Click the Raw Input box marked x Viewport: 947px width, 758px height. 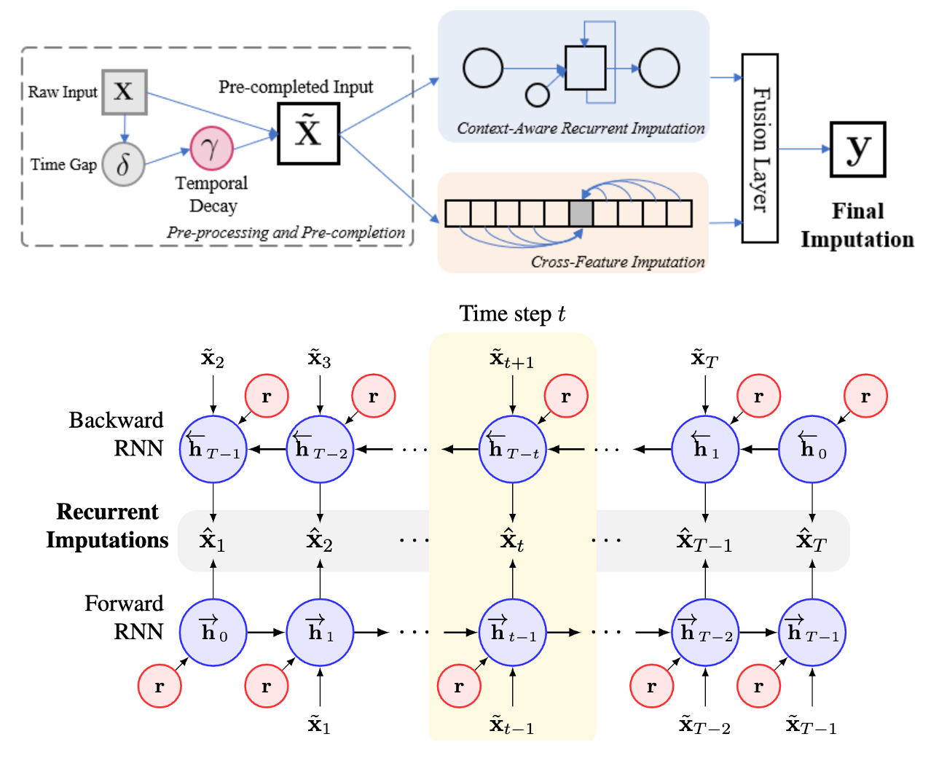click(125, 92)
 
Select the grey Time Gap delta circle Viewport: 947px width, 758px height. click(123, 164)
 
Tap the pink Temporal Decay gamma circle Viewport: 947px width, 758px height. click(211, 149)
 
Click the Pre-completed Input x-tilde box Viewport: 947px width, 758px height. click(308, 133)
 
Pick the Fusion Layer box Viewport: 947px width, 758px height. click(760, 148)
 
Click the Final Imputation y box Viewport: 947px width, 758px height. click(857, 149)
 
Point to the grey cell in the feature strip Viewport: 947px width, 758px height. click(581, 214)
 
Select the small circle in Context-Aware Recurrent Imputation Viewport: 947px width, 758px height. click(538, 95)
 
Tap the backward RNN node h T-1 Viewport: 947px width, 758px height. click(213, 449)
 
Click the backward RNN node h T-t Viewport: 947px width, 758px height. click(513, 449)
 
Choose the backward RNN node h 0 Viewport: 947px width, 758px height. click(812, 449)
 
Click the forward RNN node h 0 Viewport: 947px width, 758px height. click(213, 633)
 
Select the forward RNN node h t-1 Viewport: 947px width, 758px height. click(513, 633)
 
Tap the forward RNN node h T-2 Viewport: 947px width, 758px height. click(705, 633)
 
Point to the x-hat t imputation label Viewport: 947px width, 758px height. click(512, 541)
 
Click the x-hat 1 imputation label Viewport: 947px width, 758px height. click(213, 541)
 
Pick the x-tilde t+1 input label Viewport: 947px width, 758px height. click(512, 359)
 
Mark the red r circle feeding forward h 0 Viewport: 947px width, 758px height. click(160, 686)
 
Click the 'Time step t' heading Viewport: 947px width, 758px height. click(512, 313)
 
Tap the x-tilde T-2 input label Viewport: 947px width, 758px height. click(704, 726)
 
